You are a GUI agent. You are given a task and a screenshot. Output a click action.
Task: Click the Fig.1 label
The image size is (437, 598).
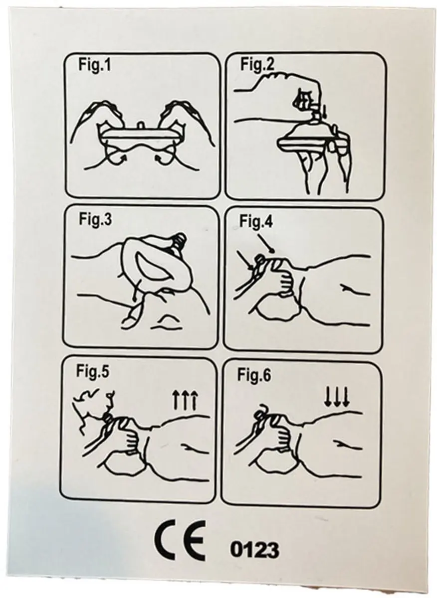click(x=94, y=65)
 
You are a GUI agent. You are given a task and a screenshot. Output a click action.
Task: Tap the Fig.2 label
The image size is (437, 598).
click(x=257, y=65)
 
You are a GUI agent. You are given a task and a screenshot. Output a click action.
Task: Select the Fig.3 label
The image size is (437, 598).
click(x=95, y=220)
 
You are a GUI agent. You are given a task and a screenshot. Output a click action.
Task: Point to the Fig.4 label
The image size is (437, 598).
click(x=256, y=222)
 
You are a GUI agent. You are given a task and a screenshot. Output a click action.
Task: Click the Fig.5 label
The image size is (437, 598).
click(x=93, y=371)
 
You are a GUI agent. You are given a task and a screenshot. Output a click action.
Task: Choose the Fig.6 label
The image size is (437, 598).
click(x=254, y=375)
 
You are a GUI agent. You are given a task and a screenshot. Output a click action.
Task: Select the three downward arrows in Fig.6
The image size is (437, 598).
click(x=337, y=397)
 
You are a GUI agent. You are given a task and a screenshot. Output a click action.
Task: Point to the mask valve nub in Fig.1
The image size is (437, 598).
click(x=141, y=125)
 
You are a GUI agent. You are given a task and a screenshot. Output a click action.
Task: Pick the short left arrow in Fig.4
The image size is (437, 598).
click(x=245, y=260)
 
